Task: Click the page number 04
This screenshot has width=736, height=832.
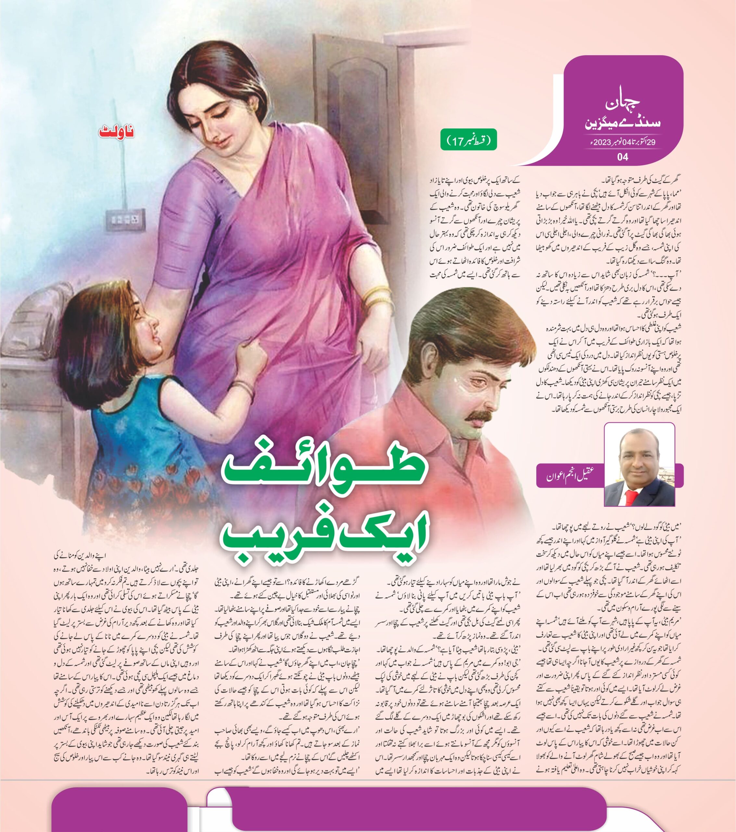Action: (623, 157)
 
